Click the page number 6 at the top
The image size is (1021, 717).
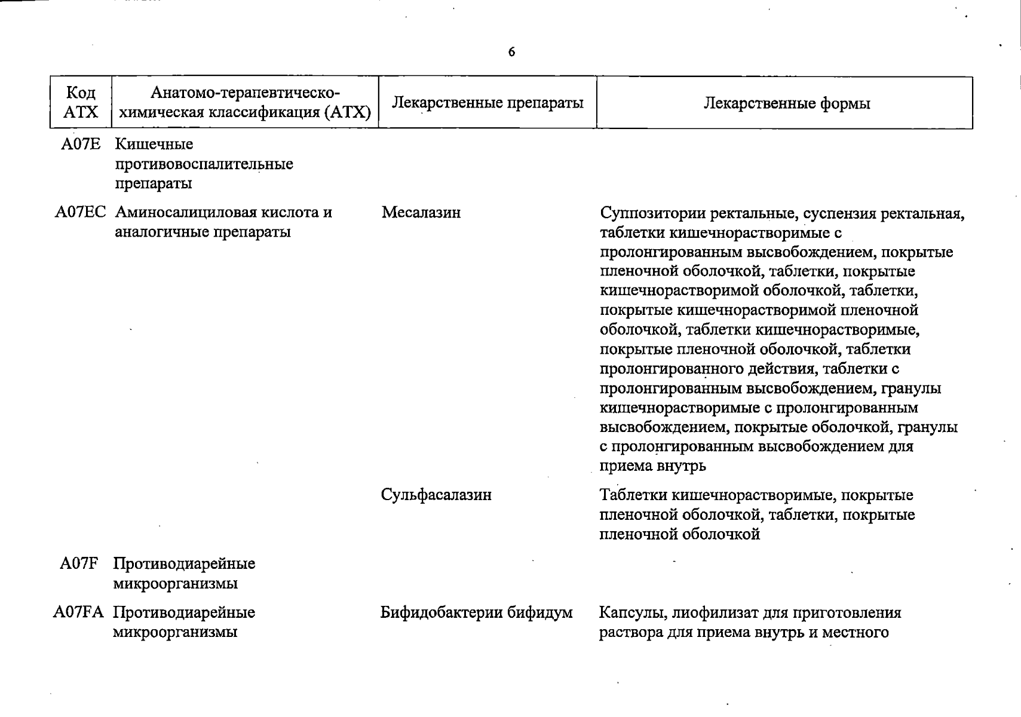click(511, 52)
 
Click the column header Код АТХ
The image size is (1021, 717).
click(81, 102)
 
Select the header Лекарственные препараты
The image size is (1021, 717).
click(487, 103)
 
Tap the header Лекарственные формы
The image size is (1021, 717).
click(786, 103)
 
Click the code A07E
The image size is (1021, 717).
click(81, 145)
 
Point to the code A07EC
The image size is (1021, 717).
click(81, 213)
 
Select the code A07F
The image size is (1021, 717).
click(79, 563)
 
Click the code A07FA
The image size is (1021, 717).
click(78, 612)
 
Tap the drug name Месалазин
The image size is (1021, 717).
click(421, 213)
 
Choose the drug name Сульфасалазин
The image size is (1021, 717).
click(436, 495)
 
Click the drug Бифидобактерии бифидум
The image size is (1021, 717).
click(476, 612)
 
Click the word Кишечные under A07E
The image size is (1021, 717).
click(154, 145)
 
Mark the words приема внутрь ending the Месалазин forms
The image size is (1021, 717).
click(652, 466)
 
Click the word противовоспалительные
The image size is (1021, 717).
click(204, 164)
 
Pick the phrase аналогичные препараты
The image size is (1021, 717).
click(203, 232)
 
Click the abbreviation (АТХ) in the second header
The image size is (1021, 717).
click(348, 112)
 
